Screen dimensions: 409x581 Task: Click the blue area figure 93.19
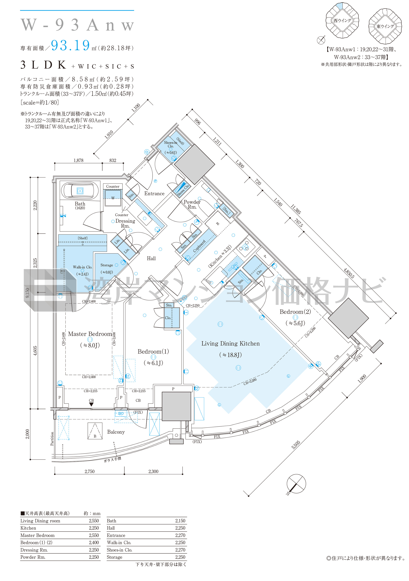coord(70,45)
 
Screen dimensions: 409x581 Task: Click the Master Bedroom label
coord(90,334)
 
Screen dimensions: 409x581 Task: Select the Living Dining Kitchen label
coord(230,343)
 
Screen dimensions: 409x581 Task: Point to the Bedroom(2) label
coord(295,312)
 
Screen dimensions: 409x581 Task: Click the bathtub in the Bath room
coord(80,191)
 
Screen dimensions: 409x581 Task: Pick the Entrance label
coord(154,194)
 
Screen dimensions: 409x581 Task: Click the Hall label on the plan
coord(151,258)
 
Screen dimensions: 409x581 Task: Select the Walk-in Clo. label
coord(82,267)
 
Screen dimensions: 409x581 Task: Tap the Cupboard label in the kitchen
coord(199,246)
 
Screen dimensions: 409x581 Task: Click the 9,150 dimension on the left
coord(27,293)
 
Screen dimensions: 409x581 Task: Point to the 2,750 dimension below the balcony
coord(90,471)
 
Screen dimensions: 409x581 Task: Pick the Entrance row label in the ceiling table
coord(116,535)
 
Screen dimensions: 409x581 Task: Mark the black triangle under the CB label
coord(91,404)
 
